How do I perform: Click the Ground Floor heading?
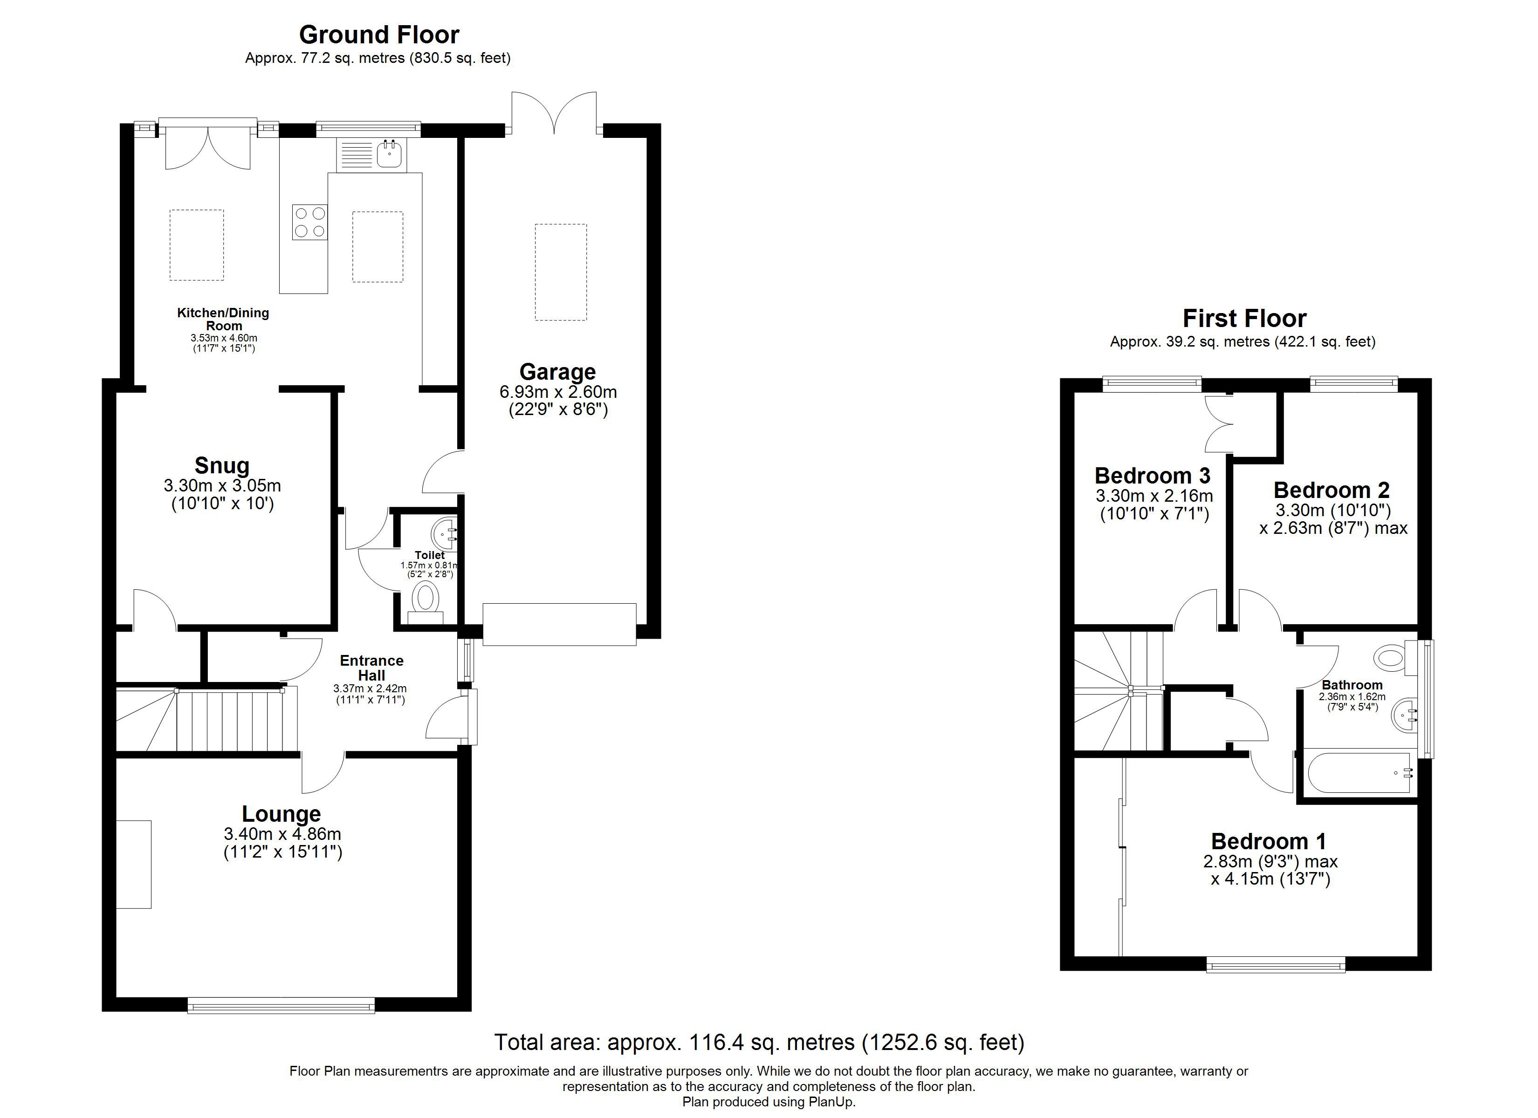[378, 34]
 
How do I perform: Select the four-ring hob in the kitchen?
[310, 222]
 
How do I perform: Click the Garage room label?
[557, 372]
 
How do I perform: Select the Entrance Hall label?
[371, 668]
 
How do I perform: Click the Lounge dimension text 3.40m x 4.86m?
[282, 834]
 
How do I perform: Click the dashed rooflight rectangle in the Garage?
[560, 272]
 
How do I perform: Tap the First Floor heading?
[1244, 318]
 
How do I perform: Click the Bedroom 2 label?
[1331, 490]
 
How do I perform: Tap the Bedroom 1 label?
[1268, 841]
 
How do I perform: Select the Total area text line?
[759, 1042]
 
